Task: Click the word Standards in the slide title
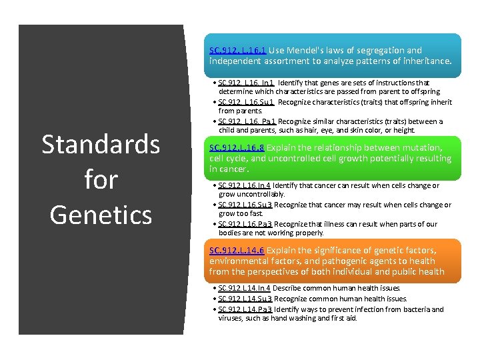pos(101,144)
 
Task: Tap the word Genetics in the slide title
pos(101,215)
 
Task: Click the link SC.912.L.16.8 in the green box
pos(237,147)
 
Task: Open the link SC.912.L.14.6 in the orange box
pos(237,250)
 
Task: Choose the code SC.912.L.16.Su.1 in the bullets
pos(246,102)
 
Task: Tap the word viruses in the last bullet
pos(230,318)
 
